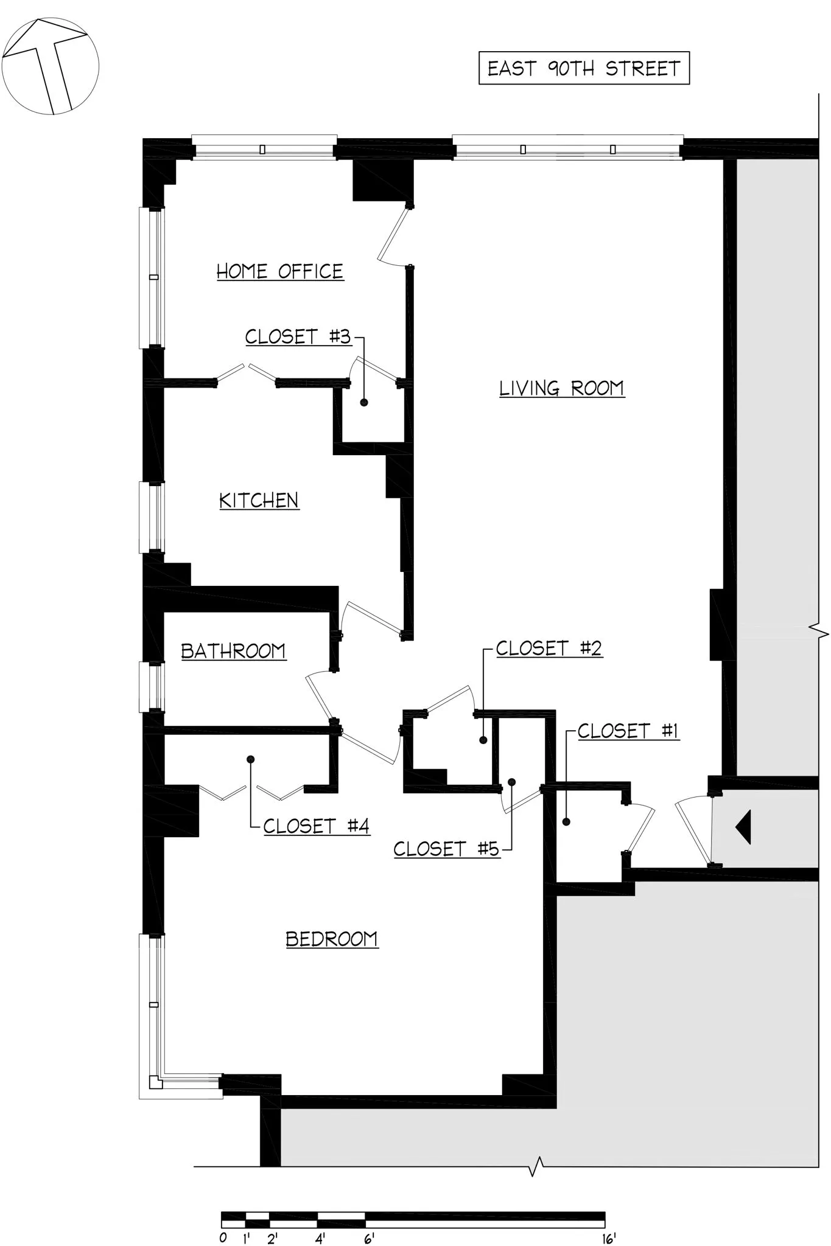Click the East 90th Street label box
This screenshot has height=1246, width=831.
583,68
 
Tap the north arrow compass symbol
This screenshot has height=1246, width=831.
50,66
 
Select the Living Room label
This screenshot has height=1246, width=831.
561,388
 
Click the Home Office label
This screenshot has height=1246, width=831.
280,271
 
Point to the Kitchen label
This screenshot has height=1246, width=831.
259,501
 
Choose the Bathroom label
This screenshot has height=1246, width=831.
234,652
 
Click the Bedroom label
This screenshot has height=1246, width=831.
332,939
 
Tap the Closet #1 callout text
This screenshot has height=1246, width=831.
628,731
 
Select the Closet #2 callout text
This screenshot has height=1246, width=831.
549,649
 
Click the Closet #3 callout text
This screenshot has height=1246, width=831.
298,336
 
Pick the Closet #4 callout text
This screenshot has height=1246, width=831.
317,826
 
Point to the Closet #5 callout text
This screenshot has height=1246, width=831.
446,849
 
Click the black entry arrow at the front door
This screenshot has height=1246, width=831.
743,827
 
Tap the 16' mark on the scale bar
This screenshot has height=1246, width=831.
609,1238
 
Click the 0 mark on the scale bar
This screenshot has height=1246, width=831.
223,1238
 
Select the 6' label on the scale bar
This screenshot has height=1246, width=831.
369,1238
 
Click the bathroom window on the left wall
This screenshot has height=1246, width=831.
152,686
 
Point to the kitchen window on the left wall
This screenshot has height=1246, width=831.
152,517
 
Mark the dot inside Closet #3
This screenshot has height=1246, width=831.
364,402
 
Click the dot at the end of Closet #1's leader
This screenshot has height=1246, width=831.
566,822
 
